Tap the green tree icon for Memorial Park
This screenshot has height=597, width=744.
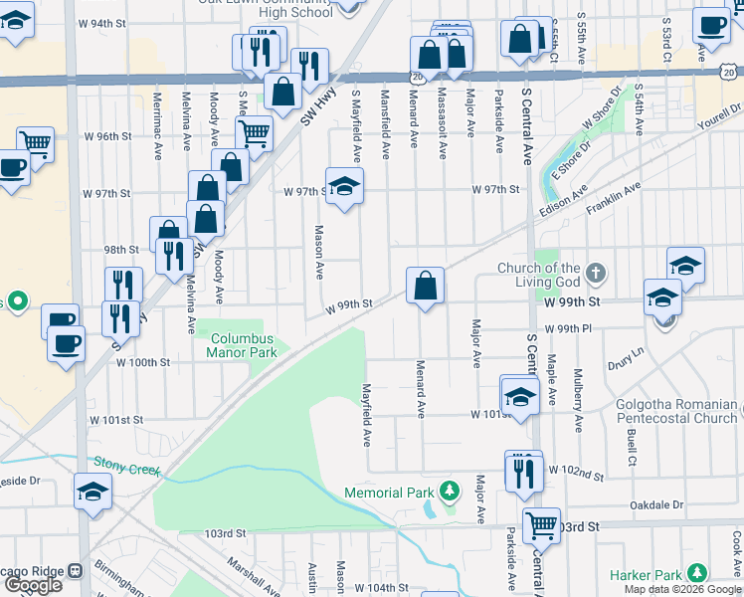(451, 491)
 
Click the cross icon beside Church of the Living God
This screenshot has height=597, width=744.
(596, 272)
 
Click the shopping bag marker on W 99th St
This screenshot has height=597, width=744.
(425, 286)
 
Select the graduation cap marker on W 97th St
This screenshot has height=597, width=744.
(344, 185)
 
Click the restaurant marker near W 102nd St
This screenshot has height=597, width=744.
(523, 471)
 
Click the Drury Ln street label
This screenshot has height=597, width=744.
(625, 352)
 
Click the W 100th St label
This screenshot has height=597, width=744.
(143, 363)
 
